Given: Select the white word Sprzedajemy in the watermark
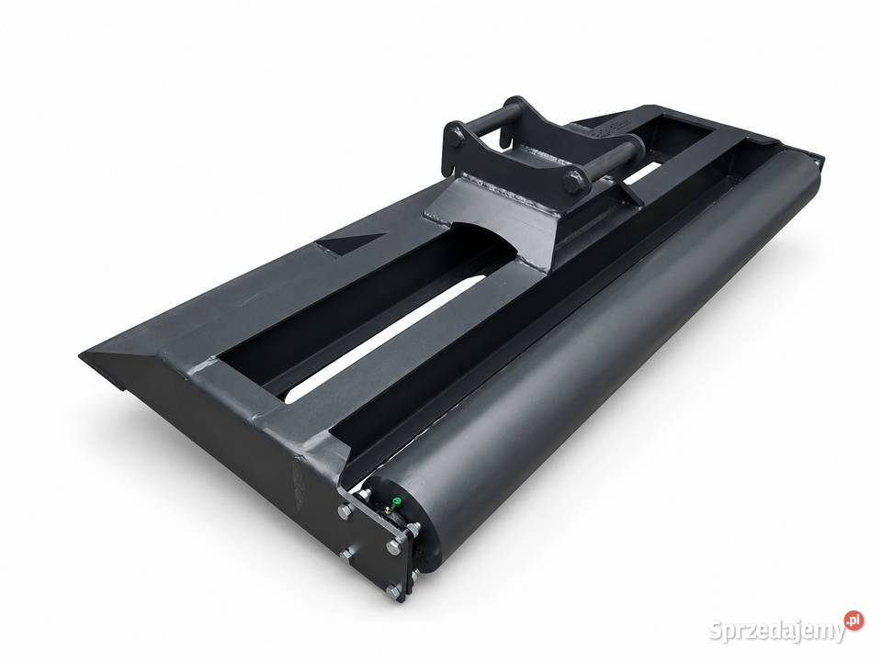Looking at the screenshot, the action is (x=776, y=631).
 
